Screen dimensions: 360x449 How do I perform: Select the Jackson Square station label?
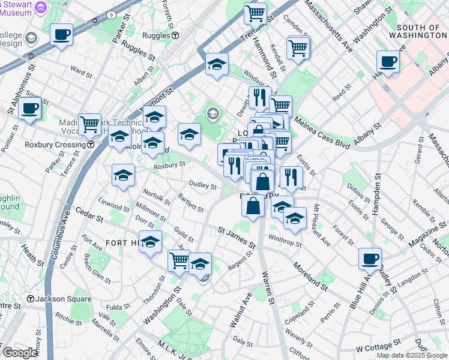tap(59, 299)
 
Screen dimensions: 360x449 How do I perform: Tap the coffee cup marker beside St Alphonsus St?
tap(29, 109)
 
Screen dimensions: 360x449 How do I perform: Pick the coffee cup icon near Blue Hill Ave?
tap(370, 259)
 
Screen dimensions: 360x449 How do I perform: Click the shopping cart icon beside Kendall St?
tap(298, 47)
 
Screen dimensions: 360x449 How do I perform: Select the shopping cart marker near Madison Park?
tap(89, 124)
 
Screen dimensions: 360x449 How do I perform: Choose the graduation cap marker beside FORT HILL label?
tap(151, 242)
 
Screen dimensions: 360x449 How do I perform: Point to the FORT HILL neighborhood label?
tap(124, 242)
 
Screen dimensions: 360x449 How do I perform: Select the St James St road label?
tap(237, 238)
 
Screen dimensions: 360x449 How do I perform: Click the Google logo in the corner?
tap(19, 352)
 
